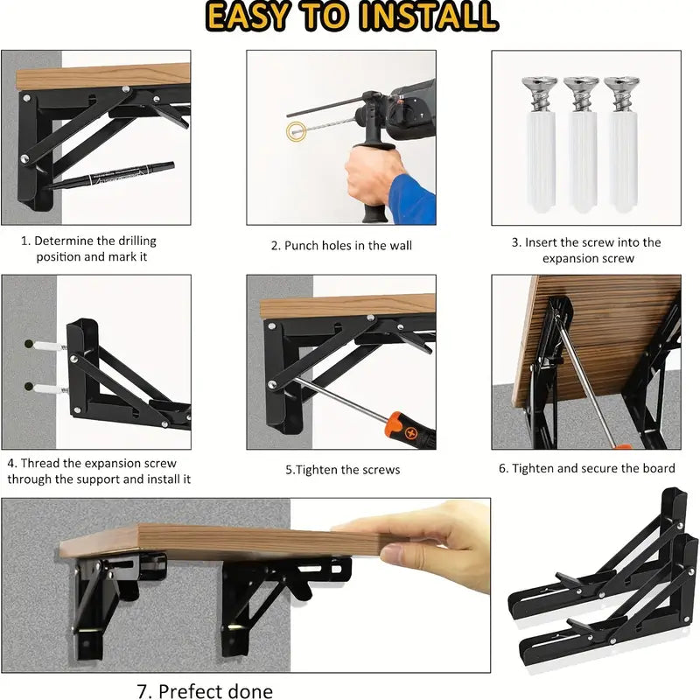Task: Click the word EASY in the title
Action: click(248, 17)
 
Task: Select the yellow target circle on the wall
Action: click(296, 132)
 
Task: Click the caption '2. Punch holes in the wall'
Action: click(341, 246)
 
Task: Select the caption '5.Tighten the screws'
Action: click(342, 470)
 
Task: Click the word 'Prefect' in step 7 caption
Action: click(192, 690)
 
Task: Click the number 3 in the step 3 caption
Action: click(515, 242)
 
